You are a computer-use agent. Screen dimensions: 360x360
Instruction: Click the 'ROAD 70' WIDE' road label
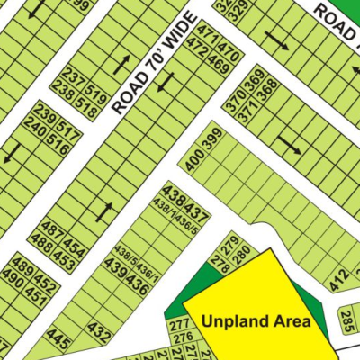point(155,62)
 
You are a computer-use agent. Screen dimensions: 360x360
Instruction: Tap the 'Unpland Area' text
point(256,320)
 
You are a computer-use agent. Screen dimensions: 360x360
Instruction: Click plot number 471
point(207,37)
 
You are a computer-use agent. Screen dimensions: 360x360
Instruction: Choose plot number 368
point(267,91)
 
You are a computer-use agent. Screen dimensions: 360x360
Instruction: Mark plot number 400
point(192,159)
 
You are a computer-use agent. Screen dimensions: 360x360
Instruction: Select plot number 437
point(197,216)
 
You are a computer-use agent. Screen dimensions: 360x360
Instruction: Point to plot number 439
point(115,266)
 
